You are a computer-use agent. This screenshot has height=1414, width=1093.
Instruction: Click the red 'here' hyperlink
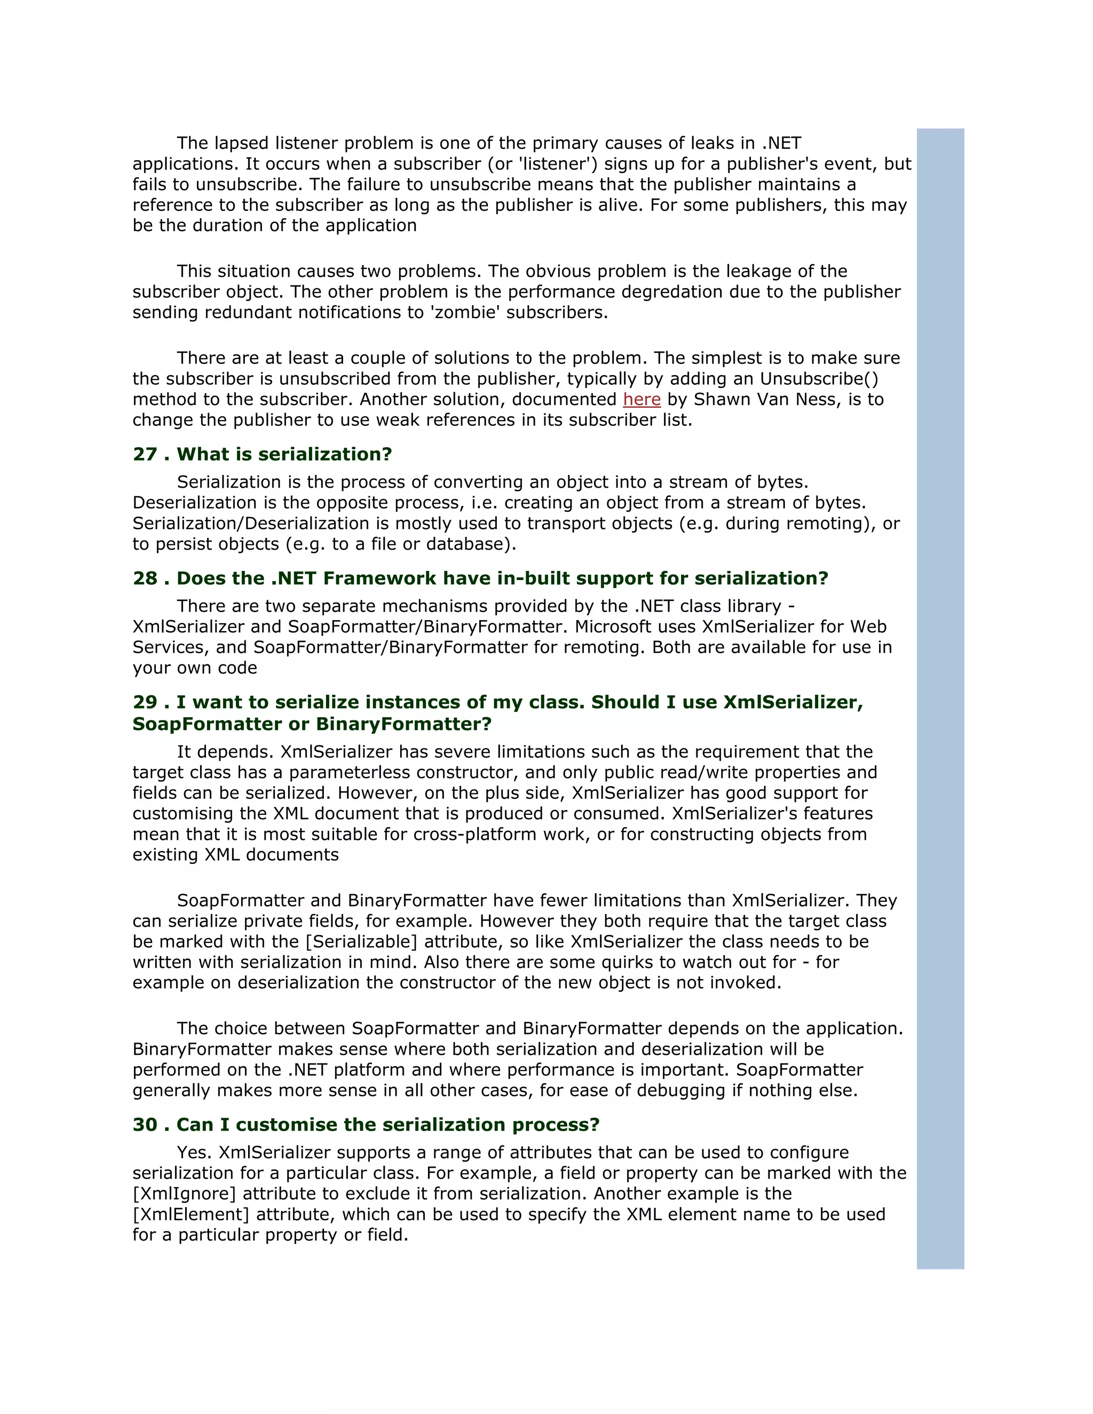(641, 400)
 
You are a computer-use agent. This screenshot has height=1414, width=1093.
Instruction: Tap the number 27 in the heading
(145, 455)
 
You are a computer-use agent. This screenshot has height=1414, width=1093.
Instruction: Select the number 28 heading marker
(145, 579)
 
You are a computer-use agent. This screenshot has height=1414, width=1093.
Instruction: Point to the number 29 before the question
(145, 703)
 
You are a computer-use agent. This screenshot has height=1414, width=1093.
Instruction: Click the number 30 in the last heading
(145, 1125)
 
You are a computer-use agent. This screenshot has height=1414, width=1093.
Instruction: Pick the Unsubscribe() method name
(819, 379)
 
